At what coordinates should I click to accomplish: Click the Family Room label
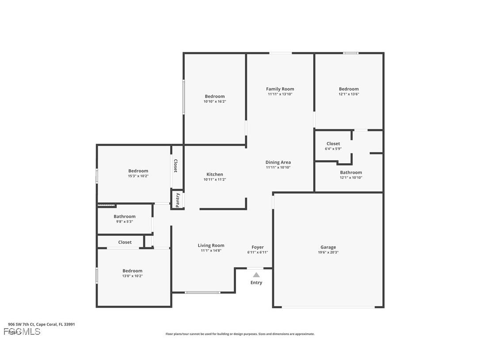tap(280, 89)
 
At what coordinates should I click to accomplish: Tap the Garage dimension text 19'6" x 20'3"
tap(328, 253)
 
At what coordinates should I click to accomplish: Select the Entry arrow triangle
tap(256, 275)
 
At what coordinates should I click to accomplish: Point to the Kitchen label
tap(215, 174)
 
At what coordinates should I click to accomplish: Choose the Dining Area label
tap(278, 162)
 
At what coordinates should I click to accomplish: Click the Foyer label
tap(258, 247)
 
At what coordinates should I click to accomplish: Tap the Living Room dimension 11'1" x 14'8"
tap(211, 251)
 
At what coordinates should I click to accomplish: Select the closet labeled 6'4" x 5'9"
tap(333, 146)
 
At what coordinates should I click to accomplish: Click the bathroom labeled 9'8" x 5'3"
tap(125, 219)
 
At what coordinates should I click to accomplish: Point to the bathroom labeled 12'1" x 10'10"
tap(351, 175)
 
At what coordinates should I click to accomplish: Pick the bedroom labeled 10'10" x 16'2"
tap(214, 99)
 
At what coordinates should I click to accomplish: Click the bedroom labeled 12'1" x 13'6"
tap(349, 91)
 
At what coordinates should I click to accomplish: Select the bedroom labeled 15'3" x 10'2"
tap(138, 173)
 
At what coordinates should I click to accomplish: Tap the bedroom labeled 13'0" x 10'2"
tap(133, 273)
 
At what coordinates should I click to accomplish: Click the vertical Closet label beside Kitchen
tap(175, 166)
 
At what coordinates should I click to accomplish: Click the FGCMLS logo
tap(22, 332)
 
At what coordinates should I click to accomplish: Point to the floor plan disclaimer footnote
tap(240, 334)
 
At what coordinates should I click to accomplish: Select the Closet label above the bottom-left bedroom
tap(125, 242)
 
